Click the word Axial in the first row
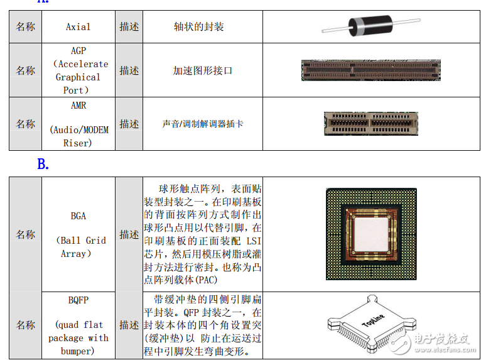78,27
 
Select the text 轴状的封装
198,27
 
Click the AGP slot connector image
371,70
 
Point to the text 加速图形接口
202,70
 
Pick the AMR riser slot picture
370,124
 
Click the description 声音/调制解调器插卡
202,124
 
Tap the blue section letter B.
43,165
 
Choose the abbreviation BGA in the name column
78,216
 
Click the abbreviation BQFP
78,300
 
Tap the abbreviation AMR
78,105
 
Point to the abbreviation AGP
78,51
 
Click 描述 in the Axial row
129,27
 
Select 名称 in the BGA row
26,234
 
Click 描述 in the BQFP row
129,325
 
